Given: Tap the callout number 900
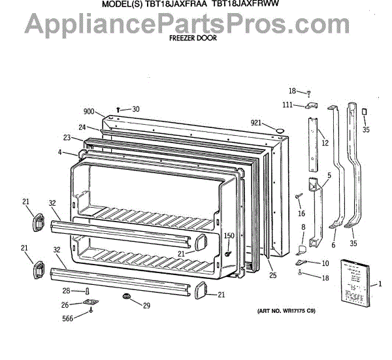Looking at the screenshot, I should pos(89,111).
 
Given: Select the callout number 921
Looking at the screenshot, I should pos(257,123).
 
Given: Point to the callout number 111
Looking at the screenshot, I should pos(287,105).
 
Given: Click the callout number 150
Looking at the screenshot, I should pos(229,236).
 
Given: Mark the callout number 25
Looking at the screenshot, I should pos(272,275).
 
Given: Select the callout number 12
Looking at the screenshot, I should pos(325,142).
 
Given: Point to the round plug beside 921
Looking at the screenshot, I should pos(278,131).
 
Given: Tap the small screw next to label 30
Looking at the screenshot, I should pos(118,109).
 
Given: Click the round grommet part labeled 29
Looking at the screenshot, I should pos(124,298).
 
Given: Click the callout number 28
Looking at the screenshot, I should pos(66,290).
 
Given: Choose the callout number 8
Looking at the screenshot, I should pos(302,227).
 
